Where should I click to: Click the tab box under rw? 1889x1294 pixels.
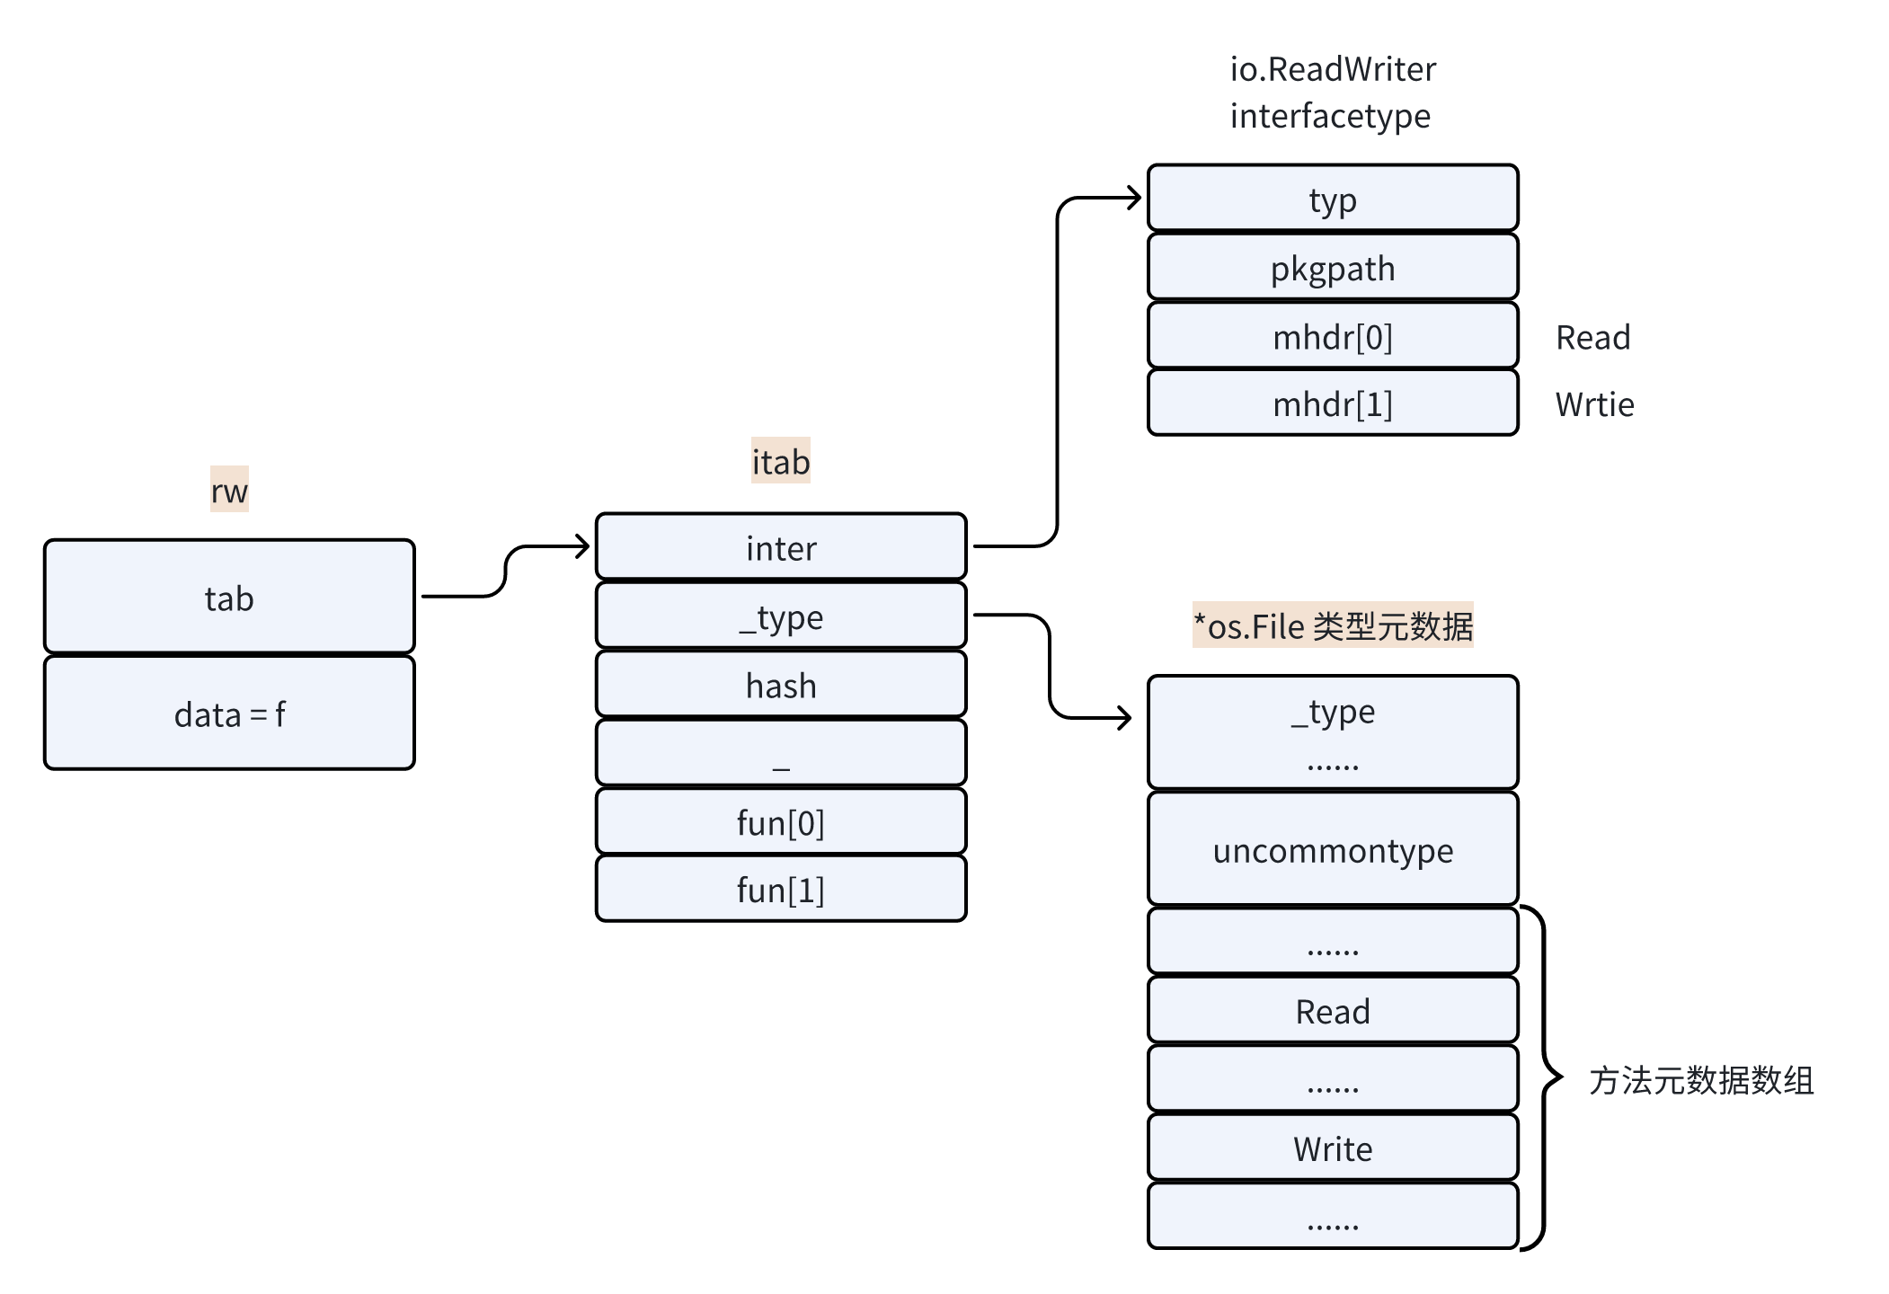tap(229, 597)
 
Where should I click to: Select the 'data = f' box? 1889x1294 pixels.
tap(229, 713)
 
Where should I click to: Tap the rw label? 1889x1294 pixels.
tap(229, 490)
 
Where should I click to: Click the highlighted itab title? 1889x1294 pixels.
tap(780, 461)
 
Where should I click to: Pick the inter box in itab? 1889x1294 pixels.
tap(780, 547)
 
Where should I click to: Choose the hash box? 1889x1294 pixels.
tap(780, 685)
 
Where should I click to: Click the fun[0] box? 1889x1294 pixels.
tap(780, 821)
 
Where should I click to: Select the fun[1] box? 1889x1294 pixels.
tap(780, 890)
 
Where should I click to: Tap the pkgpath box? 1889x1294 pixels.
tap(1332, 268)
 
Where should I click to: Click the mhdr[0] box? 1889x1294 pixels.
tap(1332, 336)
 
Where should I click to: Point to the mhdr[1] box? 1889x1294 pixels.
tap(1332, 403)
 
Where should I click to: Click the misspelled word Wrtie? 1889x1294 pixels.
tap(1594, 404)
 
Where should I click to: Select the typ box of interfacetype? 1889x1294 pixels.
tap(1332, 199)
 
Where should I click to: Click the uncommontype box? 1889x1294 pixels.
tap(1332, 849)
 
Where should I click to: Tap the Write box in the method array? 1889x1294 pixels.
tap(1332, 1148)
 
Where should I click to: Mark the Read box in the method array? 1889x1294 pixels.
tap(1332, 1011)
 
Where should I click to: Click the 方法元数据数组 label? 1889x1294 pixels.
tap(1700, 1080)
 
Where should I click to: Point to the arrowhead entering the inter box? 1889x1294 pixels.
tap(583, 545)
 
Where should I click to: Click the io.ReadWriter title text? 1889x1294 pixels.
tap(1332, 69)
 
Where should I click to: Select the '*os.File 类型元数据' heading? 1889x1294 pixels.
tap(1332, 625)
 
